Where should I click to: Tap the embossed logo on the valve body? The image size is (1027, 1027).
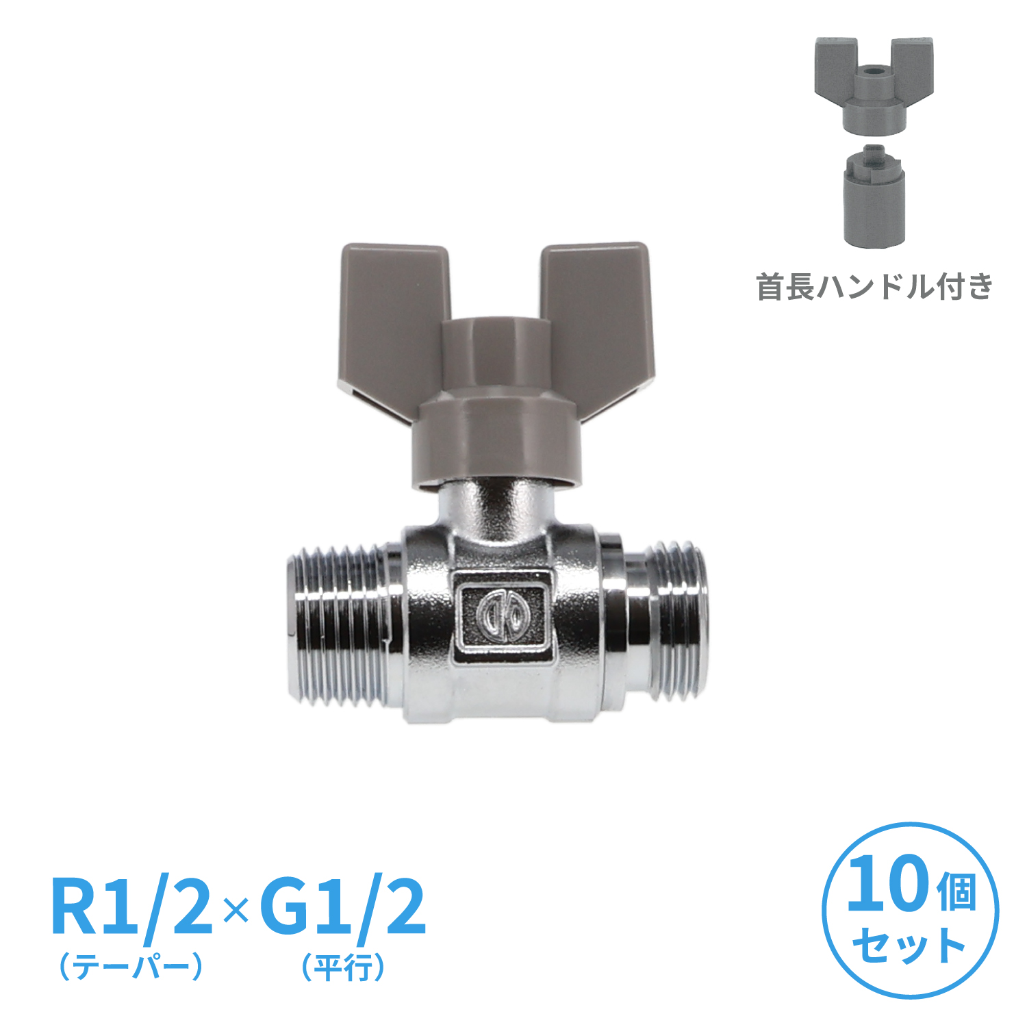pos(502,614)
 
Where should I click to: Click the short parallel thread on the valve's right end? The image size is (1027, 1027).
pos(674,621)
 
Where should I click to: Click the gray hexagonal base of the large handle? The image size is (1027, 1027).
pos(496,442)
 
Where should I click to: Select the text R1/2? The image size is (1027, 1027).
pos(132,908)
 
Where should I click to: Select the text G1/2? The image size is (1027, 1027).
pos(343,908)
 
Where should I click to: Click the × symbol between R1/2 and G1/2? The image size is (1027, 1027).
pos(237,911)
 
